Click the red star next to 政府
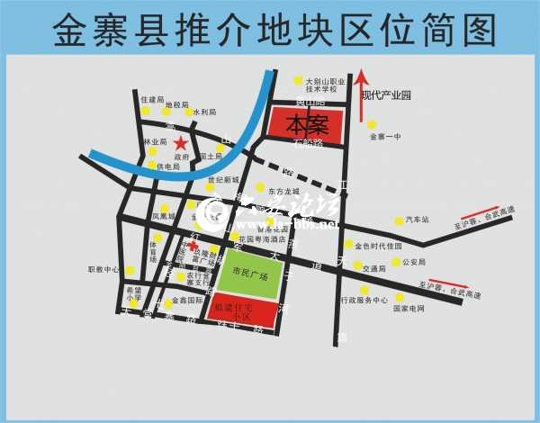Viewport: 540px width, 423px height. pyautogui.click(x=181, y=143)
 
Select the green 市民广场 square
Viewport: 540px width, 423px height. pyautogui.click(x=248, y=274)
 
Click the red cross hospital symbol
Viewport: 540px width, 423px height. pyautogui.click(x=193, y=244)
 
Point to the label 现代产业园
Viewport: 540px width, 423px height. pyautogui.click(x=385, y=94)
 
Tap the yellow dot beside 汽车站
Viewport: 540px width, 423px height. pyautogui.click(x=398, y=220)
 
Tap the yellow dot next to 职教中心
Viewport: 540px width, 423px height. pyautogui.click(x=130, y=270)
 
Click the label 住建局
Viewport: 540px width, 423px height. pyautogui.click(x=153, y=99)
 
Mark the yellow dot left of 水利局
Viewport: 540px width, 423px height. pyautogui.click(x=188, y=112)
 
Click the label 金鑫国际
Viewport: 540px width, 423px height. pyautogui.click(x=186, y=301)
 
